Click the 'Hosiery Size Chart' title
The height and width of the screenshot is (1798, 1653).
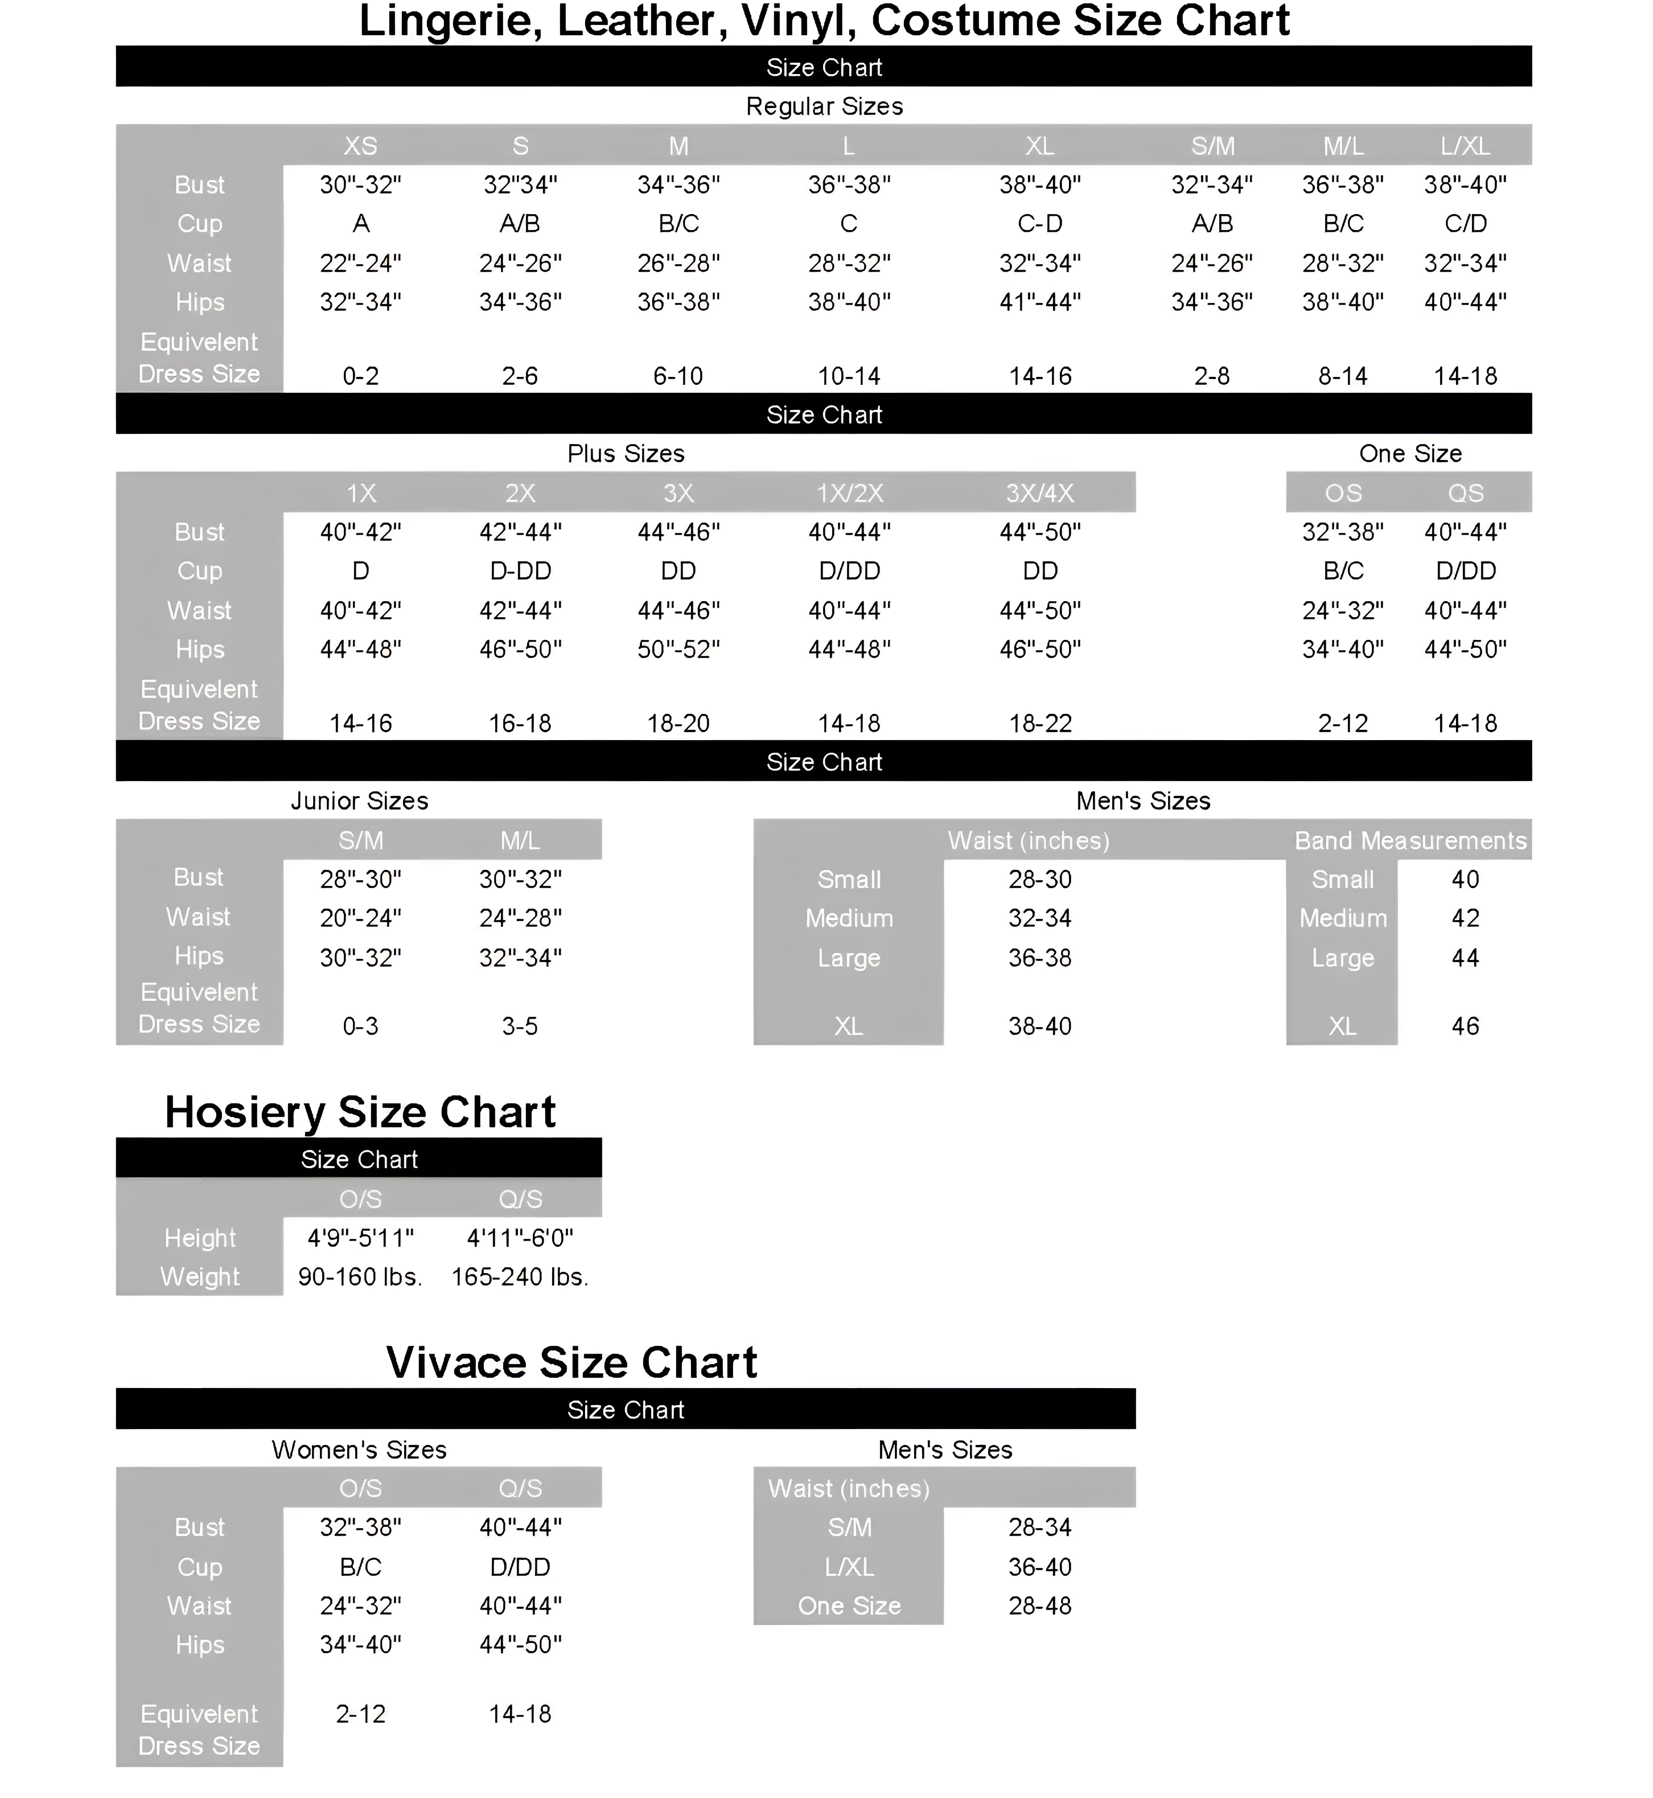coord(360,1112)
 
